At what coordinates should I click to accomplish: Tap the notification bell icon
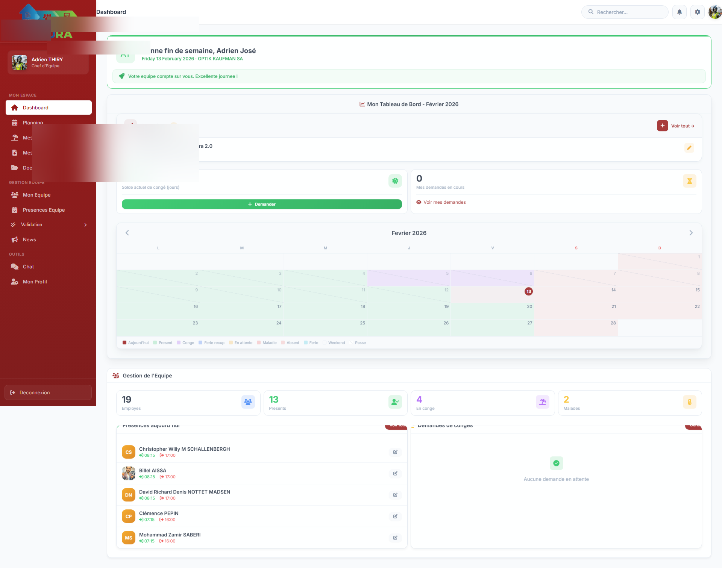coord(680,12)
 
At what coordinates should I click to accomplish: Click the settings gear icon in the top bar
coord(698,12)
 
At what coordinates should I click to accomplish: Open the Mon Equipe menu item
coord(36,195)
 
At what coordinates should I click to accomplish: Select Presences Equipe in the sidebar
coord(44,210)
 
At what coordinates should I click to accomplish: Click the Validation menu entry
coord(32,224)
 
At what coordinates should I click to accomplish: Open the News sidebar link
coord(29,239)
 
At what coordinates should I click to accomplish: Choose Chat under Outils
coord(28,267)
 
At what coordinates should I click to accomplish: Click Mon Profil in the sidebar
coord(35,282)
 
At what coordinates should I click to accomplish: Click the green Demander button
coord(262,204)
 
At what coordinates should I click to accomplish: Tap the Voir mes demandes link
coord(444,202)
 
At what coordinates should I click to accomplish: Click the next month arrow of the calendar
coord(691,233)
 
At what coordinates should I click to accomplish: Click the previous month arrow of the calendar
coord(127,233)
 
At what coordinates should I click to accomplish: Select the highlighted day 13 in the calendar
coord(529,291)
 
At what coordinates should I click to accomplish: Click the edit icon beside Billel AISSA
coord(395,474)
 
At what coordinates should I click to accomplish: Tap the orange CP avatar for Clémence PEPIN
coord(129,517)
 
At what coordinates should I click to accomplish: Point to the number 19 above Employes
coord(127,399)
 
